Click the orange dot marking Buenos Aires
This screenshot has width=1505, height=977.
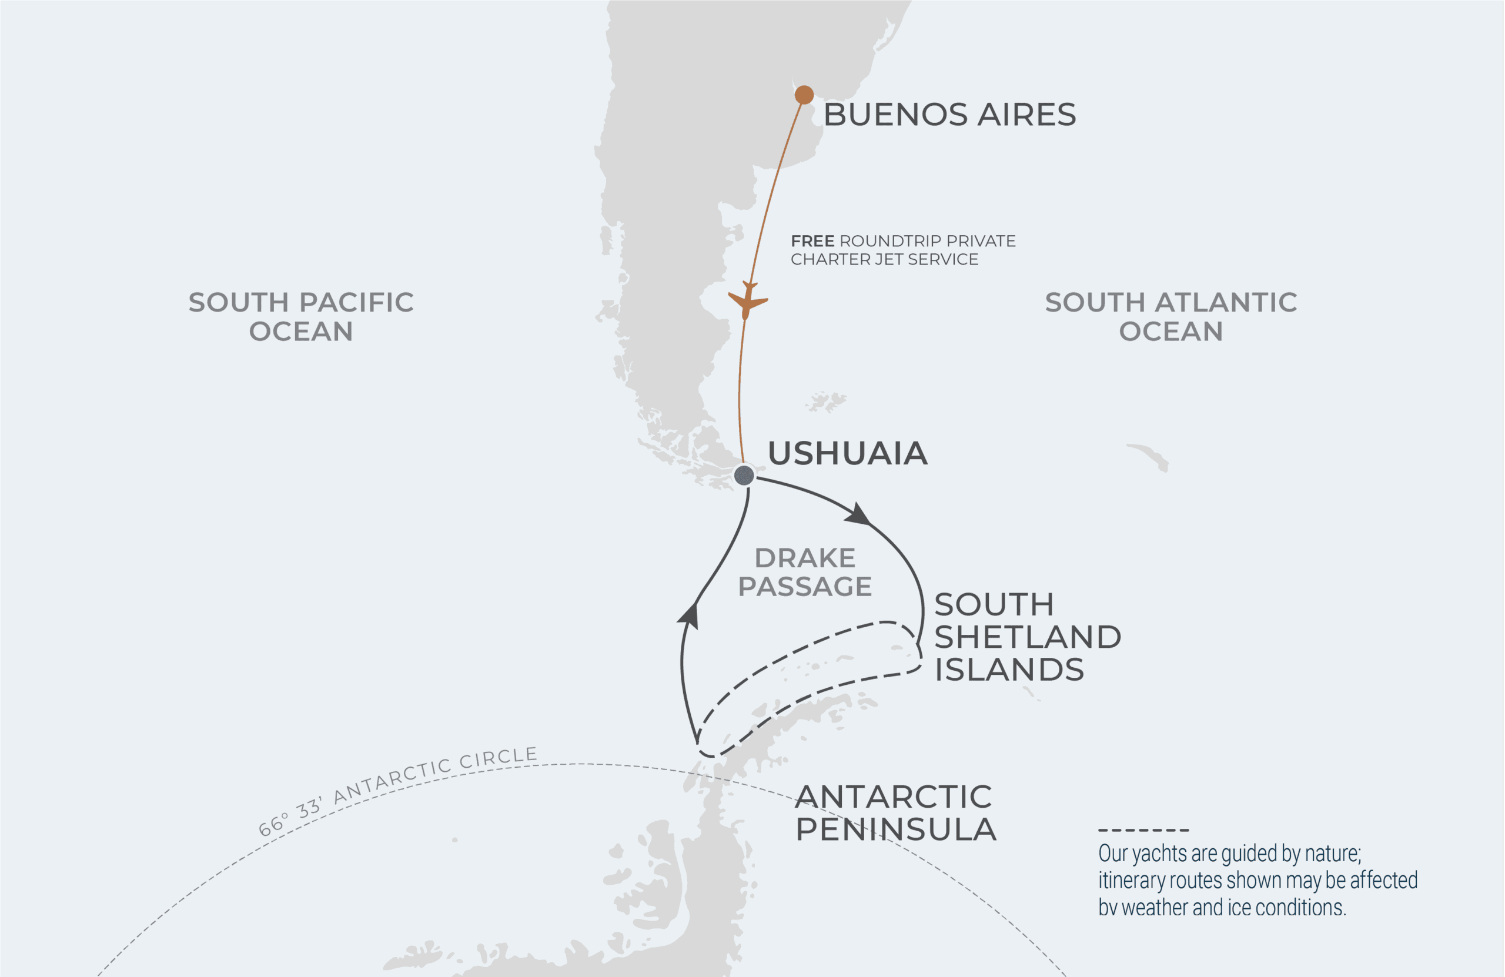804,95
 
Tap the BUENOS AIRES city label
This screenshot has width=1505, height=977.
949,115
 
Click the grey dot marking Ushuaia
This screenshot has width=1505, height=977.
744,475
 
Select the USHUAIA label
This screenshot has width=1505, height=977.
847,453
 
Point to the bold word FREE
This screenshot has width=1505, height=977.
812,241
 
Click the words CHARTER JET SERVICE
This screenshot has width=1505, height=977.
884,259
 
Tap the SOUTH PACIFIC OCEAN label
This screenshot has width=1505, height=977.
301,316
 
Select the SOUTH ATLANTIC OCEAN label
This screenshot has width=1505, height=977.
1170,316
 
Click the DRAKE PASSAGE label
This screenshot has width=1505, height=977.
804,571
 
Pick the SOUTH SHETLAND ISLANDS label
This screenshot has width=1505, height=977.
1027,637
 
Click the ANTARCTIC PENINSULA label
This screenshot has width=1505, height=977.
895,812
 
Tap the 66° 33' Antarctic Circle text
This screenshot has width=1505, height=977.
399,791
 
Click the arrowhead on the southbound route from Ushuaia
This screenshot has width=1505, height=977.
858,513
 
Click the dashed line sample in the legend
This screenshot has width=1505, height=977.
1143,829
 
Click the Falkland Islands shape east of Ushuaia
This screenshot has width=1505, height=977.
825,401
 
